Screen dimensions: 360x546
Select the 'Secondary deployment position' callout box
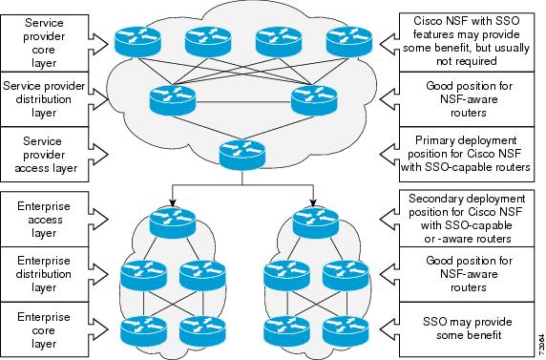[x=461, y=217]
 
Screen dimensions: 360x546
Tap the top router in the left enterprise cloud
[x=175, y=218]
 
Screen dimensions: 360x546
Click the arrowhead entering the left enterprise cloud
[x=174, y=201]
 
